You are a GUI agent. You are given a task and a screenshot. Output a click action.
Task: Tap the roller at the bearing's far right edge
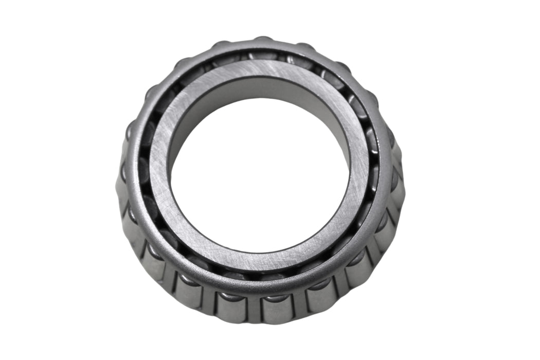[397, 185]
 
